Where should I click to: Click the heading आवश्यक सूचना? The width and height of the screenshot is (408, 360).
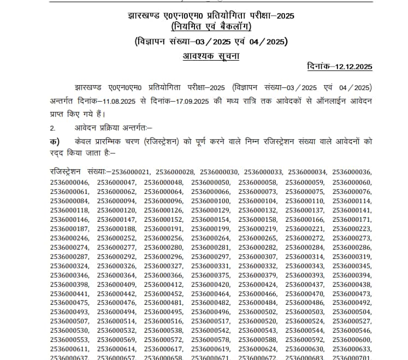point(210,56)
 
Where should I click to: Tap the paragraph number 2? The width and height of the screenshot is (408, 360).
point(52,128)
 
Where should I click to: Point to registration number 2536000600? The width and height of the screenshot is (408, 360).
point(352,340)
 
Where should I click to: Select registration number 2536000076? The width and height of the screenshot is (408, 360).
point(352,192)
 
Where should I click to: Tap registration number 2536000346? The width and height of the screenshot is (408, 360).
point(69,275)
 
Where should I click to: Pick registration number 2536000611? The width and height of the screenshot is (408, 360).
point(69,349)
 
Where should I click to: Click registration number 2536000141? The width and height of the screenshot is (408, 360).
point(352,210)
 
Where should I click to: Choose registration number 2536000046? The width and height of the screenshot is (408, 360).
point(69,182)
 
